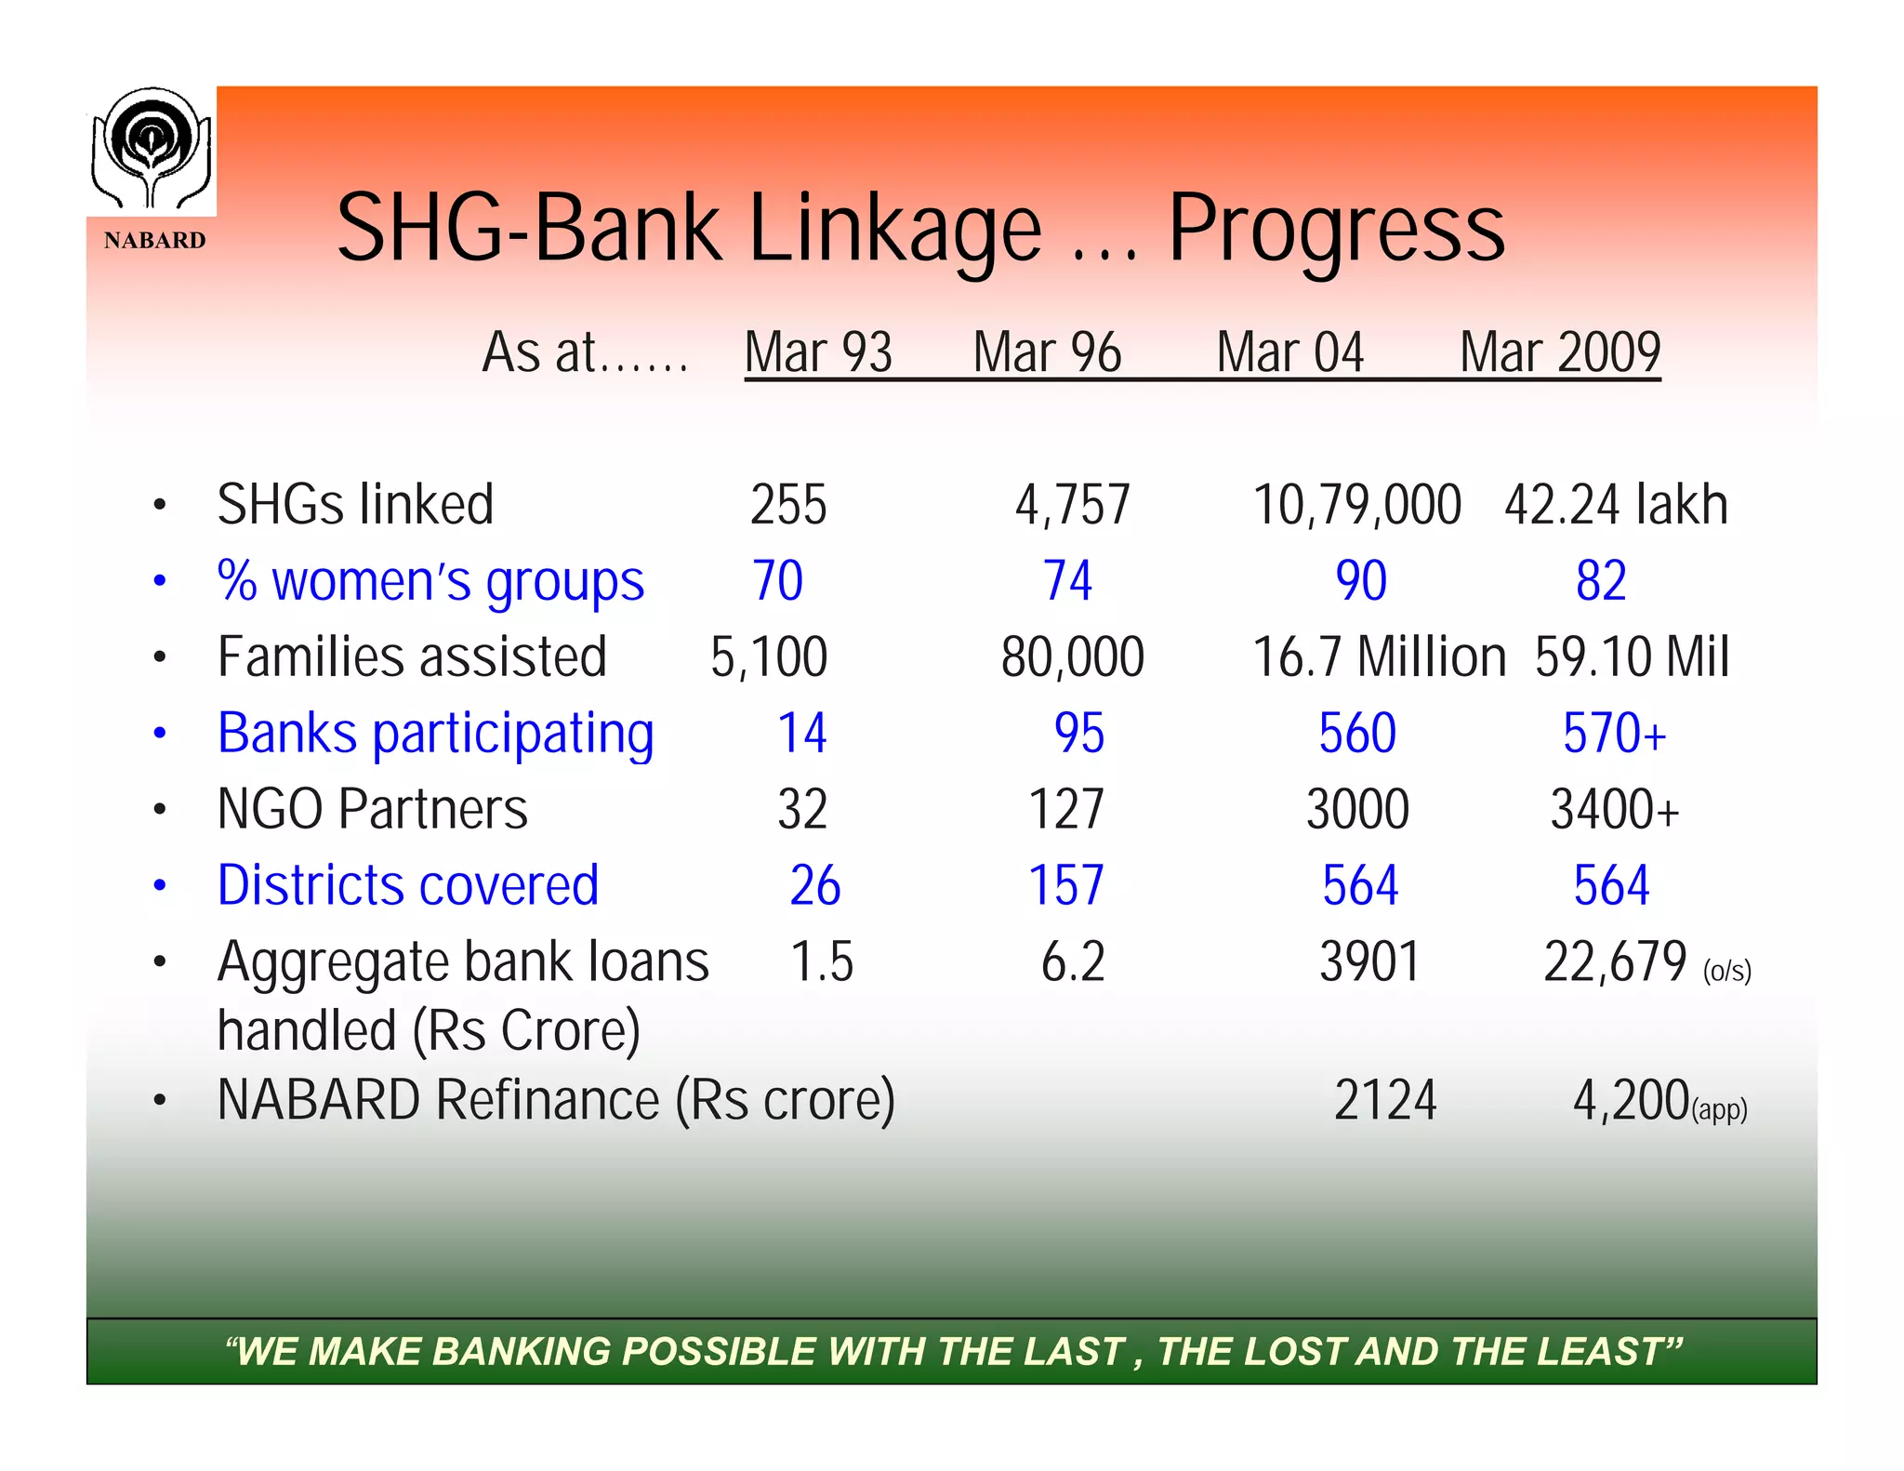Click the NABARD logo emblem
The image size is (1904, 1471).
tap(152, 149)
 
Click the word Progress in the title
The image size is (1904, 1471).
tap(1335, 230)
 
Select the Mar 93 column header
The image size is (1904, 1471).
tap(818, 352)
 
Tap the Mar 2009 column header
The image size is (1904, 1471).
tap(1560, 352)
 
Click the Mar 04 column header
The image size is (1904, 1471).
tap(1289, 352)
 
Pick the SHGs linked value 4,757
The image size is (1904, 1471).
tap(1072, 505)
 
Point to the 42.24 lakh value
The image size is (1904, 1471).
tap(1616, 505)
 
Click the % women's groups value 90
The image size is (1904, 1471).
tap(1361, 581)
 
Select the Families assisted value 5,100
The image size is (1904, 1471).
tap(769, 657)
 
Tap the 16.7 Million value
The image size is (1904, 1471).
tap(1379, 657)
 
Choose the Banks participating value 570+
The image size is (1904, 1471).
tap(1614, 734)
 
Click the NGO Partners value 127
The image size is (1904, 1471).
tap(1066, 809)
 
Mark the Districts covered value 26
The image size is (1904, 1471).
tap(815, 885)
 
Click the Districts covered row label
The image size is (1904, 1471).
tap(408, 885)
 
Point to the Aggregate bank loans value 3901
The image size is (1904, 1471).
tap(1369, 961)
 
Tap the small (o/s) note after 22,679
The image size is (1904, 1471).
tap(1727, 972)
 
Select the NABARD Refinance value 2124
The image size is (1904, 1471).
tap(1385, 1100)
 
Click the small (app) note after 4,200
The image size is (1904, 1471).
tap(1720, 1109)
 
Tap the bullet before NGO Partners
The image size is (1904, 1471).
tap(160, 810)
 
